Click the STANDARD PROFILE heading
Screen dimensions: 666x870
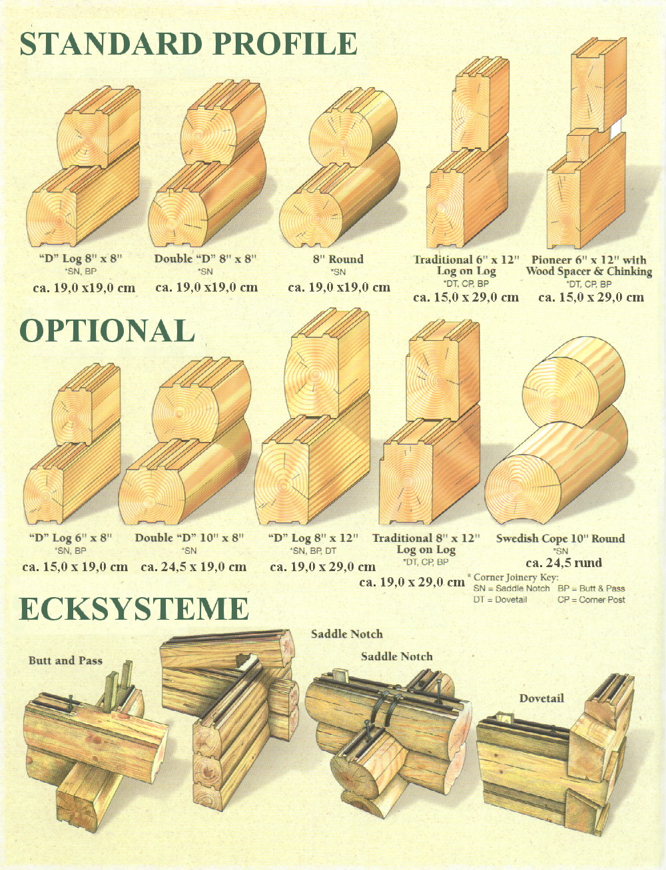pyautogui.click(x=188, y=43)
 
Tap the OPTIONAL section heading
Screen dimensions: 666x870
pyautogui.click(x=107, y=330)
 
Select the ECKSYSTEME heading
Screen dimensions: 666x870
pyautogui.click(x=134, y=608)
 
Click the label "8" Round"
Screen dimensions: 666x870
pyautogui.click(x=338, y=259)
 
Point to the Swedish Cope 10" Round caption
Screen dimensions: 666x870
pyautogui.click(x=561, y=539)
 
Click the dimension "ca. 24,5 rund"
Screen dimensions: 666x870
pyautogui.click(x=563, y=562)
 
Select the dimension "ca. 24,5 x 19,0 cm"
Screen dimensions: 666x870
pyautogui.click(x=194, y=567)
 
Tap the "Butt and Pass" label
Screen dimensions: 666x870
pyautogui.click(x=65, y=660)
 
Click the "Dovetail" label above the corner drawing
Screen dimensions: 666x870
pyautogui.click(x=541, y=698)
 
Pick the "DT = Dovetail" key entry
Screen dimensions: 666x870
pyautogui.click(x=500, y=600)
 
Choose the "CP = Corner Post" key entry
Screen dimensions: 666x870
pyautogui.click(x=591, y=600)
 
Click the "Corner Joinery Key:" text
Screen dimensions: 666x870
pyautogui.click(x=516, y=577)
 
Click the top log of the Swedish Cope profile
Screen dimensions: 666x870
pyautogui.click(x=573, y=381)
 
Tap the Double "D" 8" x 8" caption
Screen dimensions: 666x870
pyautogui.click(x=205, y=259)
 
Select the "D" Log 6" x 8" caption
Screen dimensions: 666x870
pyautogui.click(x=71, y=538)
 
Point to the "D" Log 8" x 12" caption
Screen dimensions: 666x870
pyautogui.click(x=313, y=538)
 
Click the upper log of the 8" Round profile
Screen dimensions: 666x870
pyautogui.click(x=353, y=127)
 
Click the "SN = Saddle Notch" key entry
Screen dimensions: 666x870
pyautogui.click(x=511, y=588)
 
